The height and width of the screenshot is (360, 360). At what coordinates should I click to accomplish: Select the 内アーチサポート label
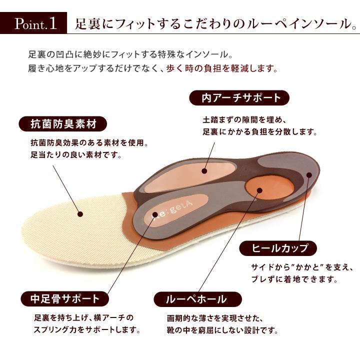pos(241,97)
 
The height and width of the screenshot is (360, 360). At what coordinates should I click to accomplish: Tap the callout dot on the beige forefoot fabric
pos(80,213)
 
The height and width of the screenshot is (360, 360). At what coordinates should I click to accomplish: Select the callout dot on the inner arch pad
pos(204,170)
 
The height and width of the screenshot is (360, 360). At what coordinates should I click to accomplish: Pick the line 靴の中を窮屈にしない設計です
pos(221,330)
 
